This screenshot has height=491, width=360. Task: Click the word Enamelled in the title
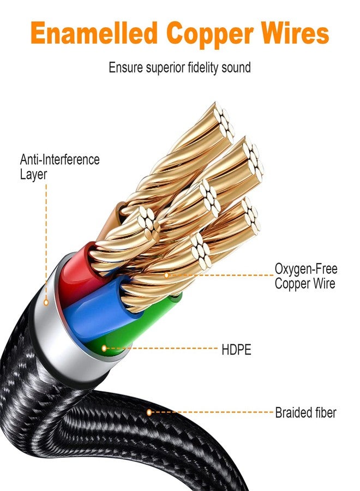click(94, 33)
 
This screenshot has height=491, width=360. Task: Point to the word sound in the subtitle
click(236, 68)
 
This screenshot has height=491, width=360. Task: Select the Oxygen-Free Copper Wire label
click(306, 276)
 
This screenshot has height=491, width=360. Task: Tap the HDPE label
click(236, 350)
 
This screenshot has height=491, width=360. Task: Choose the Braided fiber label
click(305, 412)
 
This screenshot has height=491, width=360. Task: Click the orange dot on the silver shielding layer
click(46, 302)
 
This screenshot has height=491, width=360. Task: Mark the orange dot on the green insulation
click(104, 348)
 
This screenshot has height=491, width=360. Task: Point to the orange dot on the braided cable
click(149, 412)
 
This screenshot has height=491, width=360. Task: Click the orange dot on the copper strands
click(166, 276)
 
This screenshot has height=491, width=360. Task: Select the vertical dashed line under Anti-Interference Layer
click(46, 242)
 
